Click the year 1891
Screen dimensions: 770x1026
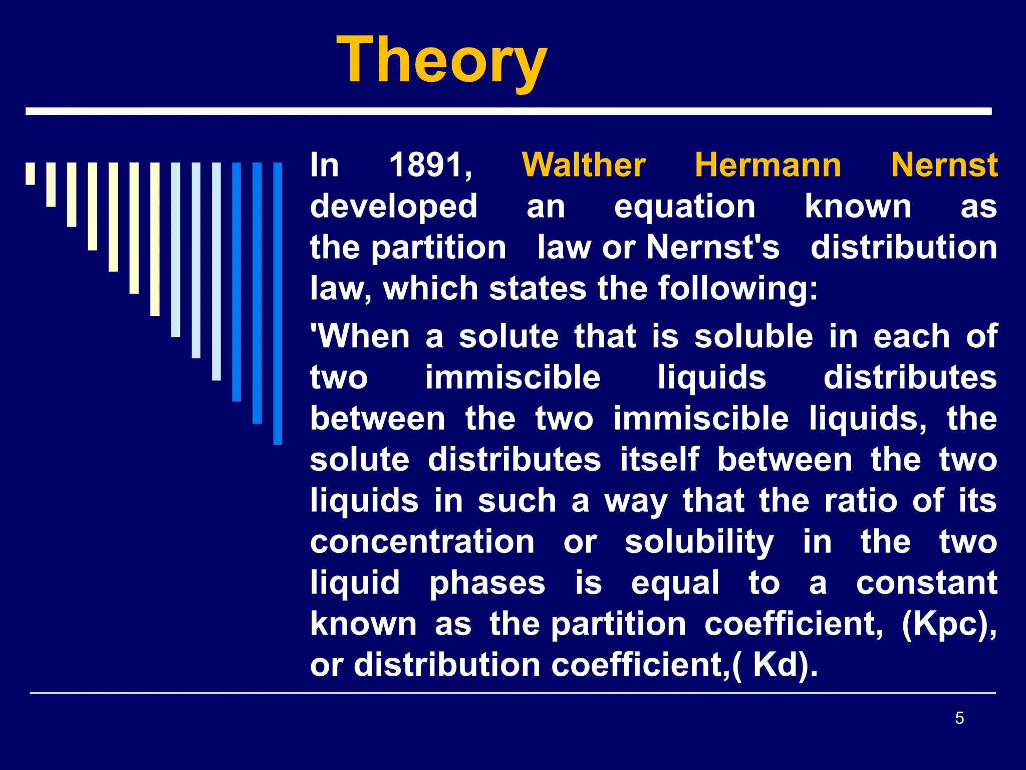click(x=430, y=165)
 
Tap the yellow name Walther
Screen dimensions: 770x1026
click(x=584, y=165)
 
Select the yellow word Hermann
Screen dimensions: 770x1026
click(x=767, y=165)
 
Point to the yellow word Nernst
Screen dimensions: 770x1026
click(x=944, y=165)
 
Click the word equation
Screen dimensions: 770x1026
click(x=684, y=207)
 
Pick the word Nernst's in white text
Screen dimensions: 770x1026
click(x=713, y=248)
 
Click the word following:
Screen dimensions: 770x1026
click(x=737, y=289)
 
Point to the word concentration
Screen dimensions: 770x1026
click(x=422, y=542)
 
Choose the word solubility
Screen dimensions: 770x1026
click(x=699, y=542)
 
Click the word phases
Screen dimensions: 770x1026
click(x=487, y=583)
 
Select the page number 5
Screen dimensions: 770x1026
click(x=959, y=718)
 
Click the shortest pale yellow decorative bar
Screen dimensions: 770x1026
click(x=31, y=173)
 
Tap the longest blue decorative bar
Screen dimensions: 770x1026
click(x=278, y=303)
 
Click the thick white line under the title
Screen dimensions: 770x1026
click(x=508, y=111)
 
